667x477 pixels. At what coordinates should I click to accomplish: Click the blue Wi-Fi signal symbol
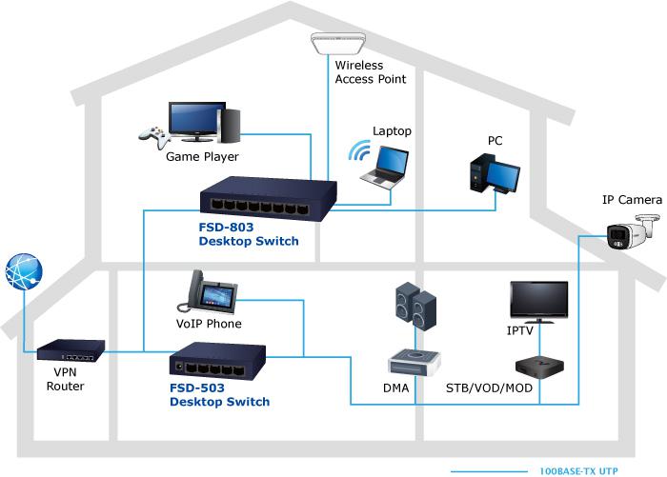(x=358, y=152)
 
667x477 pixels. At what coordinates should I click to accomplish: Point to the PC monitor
(x=504, y=175)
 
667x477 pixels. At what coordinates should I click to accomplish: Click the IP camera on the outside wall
(x=632, y=232)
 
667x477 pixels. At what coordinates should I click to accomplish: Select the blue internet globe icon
(x=24, y=271)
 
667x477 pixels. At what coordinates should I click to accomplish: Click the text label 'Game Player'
(x=202, y=157)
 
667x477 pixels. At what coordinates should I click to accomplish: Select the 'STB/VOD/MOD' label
(x=489, y=388)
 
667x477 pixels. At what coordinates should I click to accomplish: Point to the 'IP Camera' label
(x=631, y=200)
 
